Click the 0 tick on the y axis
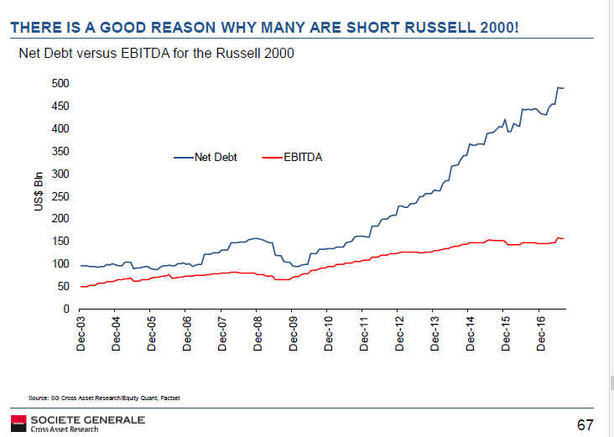pyautogui.click(x=64, y=310)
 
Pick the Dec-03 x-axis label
pyautogui.click(x=81, y=333)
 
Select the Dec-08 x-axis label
pyautogui.click(x=258, y=333)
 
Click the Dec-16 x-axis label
pyautogui.click(x=542, y=333)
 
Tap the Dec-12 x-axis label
pyautogui.click(x=400, y=333)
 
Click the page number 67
pyautogui.click(x=586, y=424)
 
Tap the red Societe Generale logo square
pyautogui.click(x=18, y=422)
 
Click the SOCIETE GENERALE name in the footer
pyautogui.click(x=87, y=419)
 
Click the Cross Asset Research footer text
pyautogui.click(x=64, y=429)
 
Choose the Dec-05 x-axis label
pyautogui.click(x=152, y=333)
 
